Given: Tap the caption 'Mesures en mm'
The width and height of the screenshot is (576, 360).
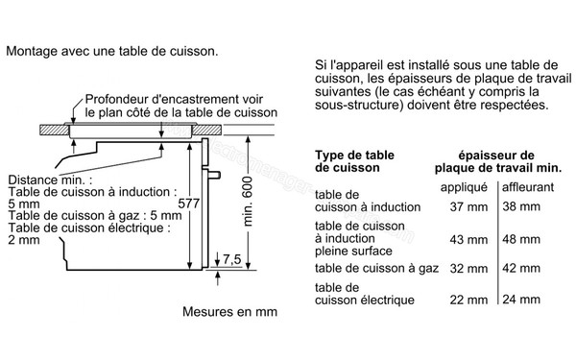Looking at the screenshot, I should point(228,312).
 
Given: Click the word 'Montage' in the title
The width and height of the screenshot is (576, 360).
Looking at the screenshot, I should point(31,48).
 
